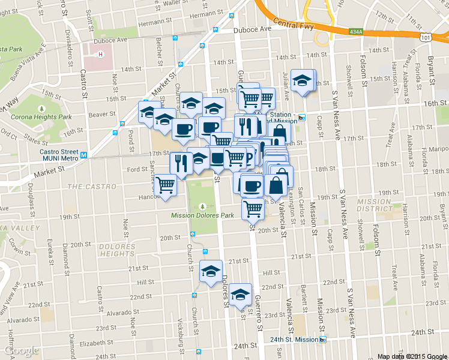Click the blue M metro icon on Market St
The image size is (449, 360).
84,155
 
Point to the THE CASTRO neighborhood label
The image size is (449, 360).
91,187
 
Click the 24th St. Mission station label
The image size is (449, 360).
294,339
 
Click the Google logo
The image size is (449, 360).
21,350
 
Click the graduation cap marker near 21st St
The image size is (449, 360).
211,271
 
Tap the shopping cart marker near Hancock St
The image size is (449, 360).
165,185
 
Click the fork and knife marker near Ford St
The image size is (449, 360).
181,162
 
